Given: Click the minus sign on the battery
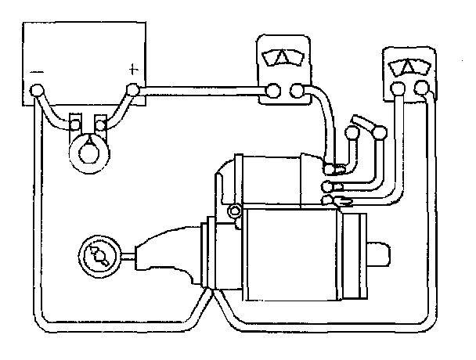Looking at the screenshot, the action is click(37, 72).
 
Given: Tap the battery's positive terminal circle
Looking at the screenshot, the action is click(132, 91).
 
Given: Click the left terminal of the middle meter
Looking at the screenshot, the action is click(273, 92).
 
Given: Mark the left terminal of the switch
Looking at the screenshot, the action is click(353, 133).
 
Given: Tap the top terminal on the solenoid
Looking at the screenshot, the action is click(330, 167).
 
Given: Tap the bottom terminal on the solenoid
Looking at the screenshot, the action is click(329, 201).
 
